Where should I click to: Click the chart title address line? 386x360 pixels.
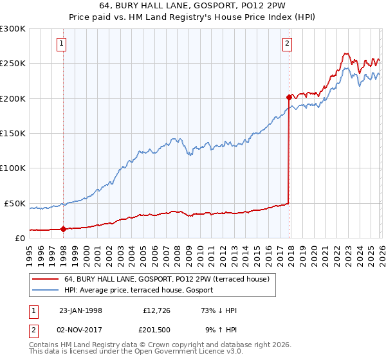click(193, 6)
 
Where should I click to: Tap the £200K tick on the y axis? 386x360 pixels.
click(13, 98)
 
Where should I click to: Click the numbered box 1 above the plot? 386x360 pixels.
click(61, 44)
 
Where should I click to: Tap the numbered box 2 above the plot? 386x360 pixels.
click(286, 44)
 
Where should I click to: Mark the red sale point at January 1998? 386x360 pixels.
click(63, 229)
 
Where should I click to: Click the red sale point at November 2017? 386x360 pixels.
click(288, 98)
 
